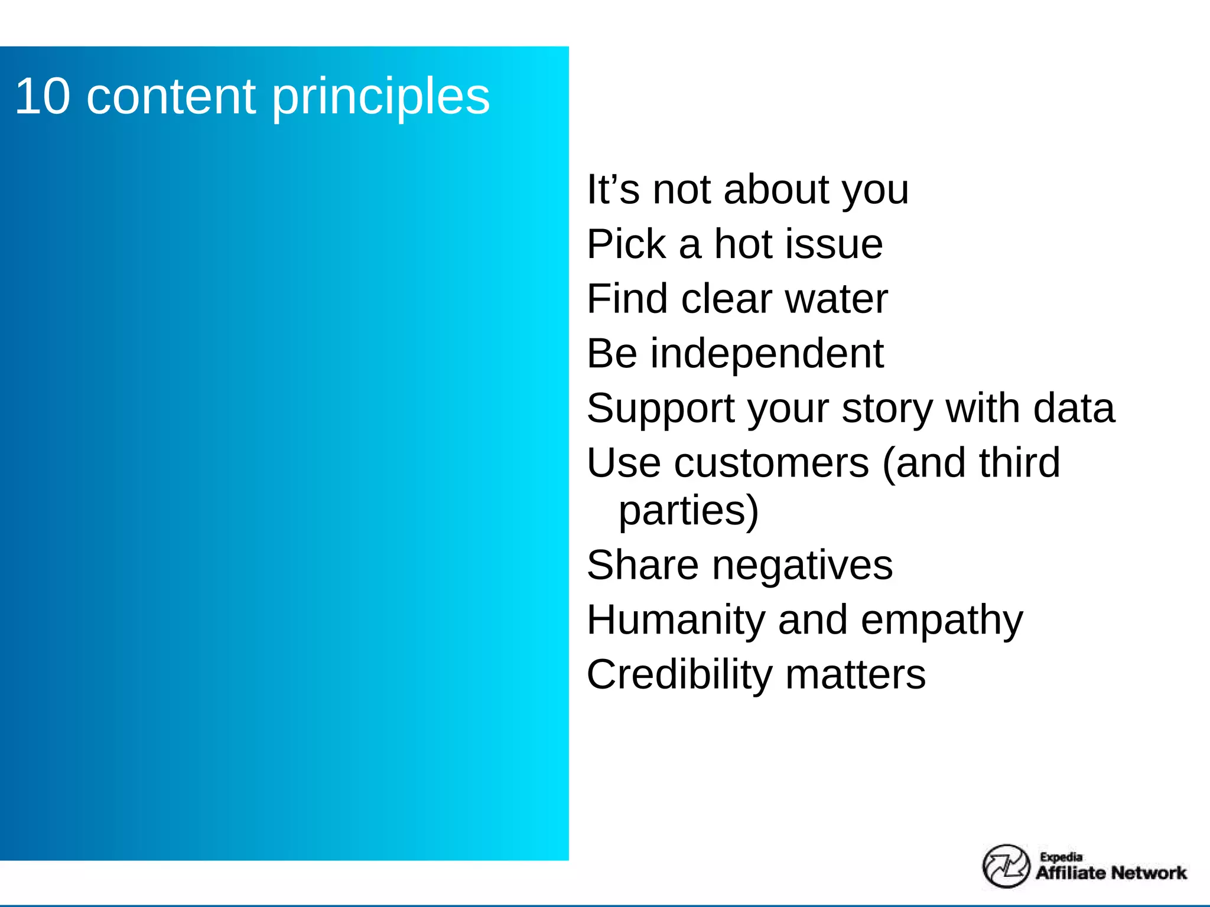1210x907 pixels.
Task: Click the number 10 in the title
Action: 43,96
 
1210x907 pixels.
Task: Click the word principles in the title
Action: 381,97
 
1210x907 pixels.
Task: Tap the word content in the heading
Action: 171,96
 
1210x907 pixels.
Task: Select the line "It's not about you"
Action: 747,190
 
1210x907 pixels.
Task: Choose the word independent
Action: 767,353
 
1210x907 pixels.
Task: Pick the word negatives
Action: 802,566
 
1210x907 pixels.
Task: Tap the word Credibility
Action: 679,674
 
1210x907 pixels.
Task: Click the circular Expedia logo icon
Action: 1006,866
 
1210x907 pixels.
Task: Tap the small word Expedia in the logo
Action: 1061,857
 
